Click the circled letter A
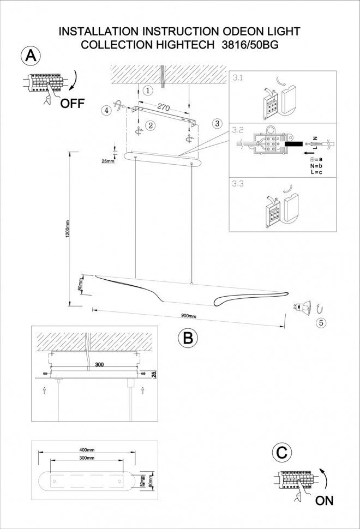(31, 56)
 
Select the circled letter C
(281, 453)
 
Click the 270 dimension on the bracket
(163, 107)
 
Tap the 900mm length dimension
(188, 316)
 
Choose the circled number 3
(217, 124)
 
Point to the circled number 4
(107, 110)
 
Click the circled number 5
(321, 322)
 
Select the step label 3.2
(237, 130)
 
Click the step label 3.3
(237, 184)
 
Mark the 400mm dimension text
(87, 449)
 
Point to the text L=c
(316, 172)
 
